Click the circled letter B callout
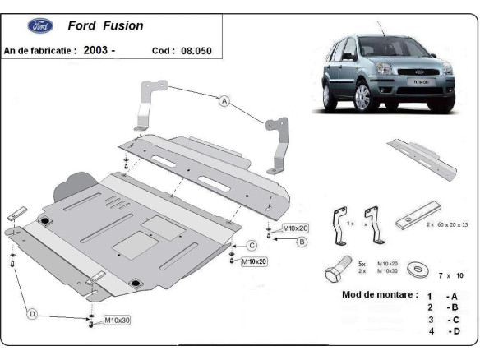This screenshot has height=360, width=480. [302, 242]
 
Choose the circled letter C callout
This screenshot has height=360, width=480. [252, 245]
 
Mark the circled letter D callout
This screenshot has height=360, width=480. [32, 313]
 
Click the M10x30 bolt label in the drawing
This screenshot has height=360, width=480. [118, 319]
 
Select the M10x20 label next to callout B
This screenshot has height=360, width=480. [296, 228]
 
